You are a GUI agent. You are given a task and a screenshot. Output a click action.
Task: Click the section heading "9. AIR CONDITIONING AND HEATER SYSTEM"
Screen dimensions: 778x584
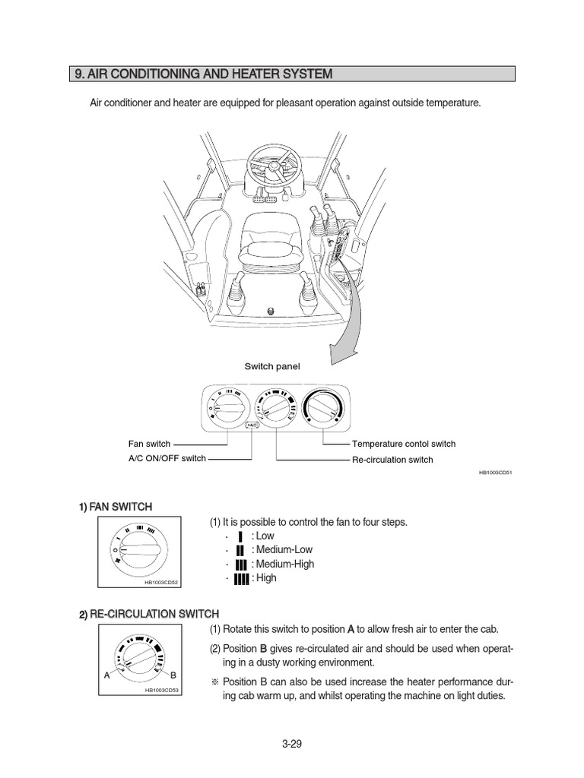point(204,74)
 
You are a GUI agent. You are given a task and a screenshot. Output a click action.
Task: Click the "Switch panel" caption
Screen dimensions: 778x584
point(271,366)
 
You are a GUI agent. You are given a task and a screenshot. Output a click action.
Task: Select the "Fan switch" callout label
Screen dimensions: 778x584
point(149,444)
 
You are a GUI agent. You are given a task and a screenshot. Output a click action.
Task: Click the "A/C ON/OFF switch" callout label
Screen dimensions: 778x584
point(167,459)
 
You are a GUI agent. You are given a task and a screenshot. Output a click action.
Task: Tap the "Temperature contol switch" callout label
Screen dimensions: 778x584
point(403,444)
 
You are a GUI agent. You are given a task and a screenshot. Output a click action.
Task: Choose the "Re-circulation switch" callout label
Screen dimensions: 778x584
point(392,460)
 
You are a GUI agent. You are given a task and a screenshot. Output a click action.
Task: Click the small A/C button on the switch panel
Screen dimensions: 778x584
point(253,426)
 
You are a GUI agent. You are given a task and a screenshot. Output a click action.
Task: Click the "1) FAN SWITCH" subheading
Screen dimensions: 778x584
point(115,507)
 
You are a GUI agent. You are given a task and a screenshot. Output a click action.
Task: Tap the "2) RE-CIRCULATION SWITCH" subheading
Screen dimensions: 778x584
point(148,614)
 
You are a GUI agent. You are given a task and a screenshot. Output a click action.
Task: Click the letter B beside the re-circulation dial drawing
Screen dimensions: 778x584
point(173,675)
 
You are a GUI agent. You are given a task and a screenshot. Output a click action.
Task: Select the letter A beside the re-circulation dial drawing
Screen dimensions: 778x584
point(106,674)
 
